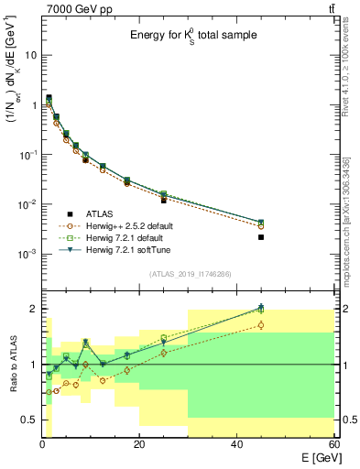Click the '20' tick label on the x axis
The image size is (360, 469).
[138, 444]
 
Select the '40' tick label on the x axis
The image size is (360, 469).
[236, 444]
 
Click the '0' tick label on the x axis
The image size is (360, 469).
[42, 444]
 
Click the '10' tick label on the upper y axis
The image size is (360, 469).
[29, 55]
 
